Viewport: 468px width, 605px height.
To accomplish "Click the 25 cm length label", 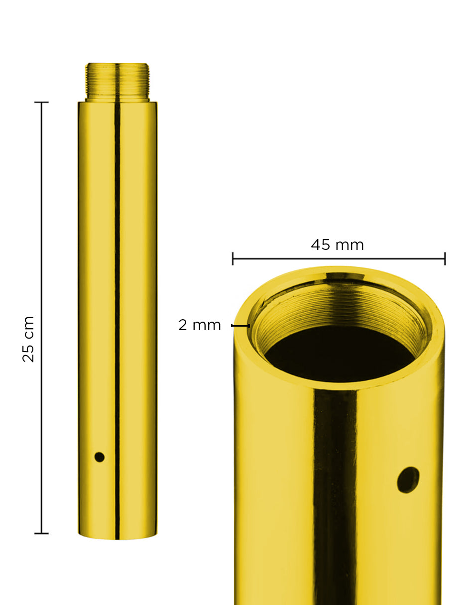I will [29, 339].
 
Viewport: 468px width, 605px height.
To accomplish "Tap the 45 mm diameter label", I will [337, 245].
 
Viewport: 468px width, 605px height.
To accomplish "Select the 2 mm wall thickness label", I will [199, 325].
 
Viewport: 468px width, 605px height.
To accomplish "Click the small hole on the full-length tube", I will [100, 457].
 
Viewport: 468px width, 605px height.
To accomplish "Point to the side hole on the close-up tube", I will [408, 480].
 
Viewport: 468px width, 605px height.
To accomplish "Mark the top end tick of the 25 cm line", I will [41, 103].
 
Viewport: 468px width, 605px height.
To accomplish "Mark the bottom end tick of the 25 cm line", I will [41, 533].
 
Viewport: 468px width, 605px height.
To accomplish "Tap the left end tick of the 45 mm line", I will [233, 259].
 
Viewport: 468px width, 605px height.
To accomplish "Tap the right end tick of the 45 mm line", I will [445, 259].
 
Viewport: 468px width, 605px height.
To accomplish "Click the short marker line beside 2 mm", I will [240, 326].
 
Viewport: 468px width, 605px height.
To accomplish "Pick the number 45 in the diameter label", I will [321, 245].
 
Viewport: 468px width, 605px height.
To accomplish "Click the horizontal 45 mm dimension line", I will [339, 259].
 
